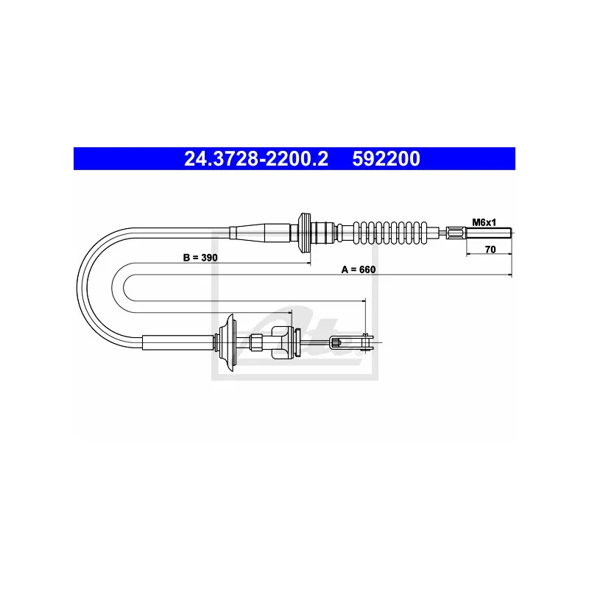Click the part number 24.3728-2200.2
point(256,158)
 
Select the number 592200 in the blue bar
point(386,158)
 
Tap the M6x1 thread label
point(484,222)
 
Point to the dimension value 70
point(490,250)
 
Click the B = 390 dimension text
point(200,258)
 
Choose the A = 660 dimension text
point(359,269)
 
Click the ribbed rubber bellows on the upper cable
point(390,233)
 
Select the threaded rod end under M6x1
point(489,233)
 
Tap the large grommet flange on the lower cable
point(227,342)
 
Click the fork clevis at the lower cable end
point(352,342)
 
